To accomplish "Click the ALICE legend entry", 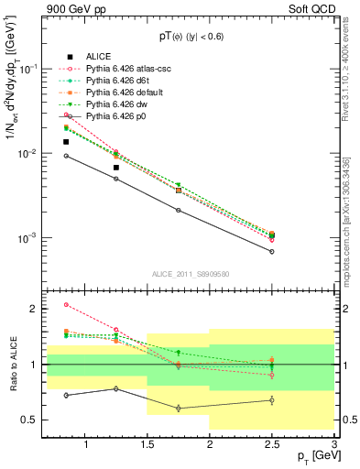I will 99,55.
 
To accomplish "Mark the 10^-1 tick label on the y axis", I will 27,69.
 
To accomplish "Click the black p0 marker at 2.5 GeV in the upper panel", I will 272,251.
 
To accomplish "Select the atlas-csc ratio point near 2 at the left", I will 66,305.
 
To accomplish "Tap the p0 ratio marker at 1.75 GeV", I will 179,408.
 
